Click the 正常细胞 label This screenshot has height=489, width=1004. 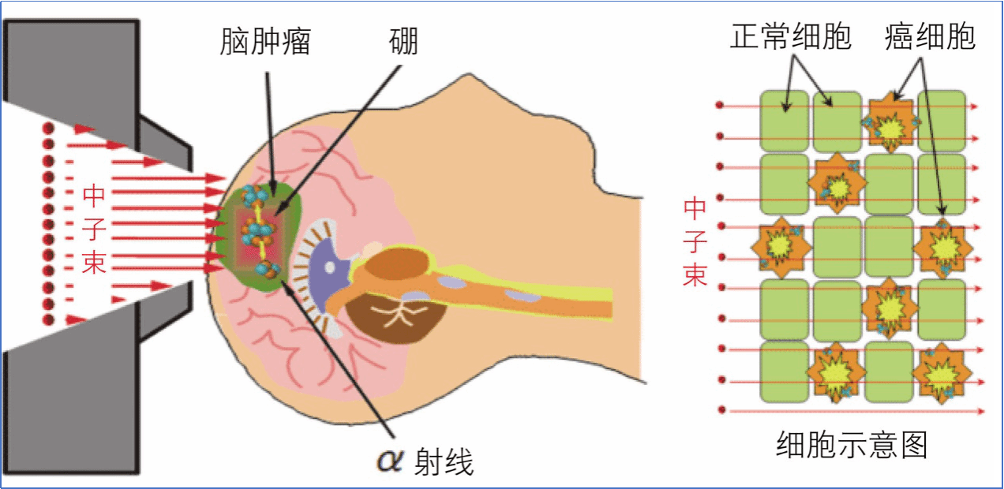tap(790, 36)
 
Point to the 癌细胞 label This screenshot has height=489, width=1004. tap(930, 36)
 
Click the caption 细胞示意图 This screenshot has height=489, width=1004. tap(852, 446)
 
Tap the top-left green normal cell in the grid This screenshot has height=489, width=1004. tap(785, 121)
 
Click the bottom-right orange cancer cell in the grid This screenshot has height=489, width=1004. tap(942, 374)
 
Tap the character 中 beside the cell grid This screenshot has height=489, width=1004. tap(695, 209)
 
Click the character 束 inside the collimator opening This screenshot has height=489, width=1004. tap(95, 262)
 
